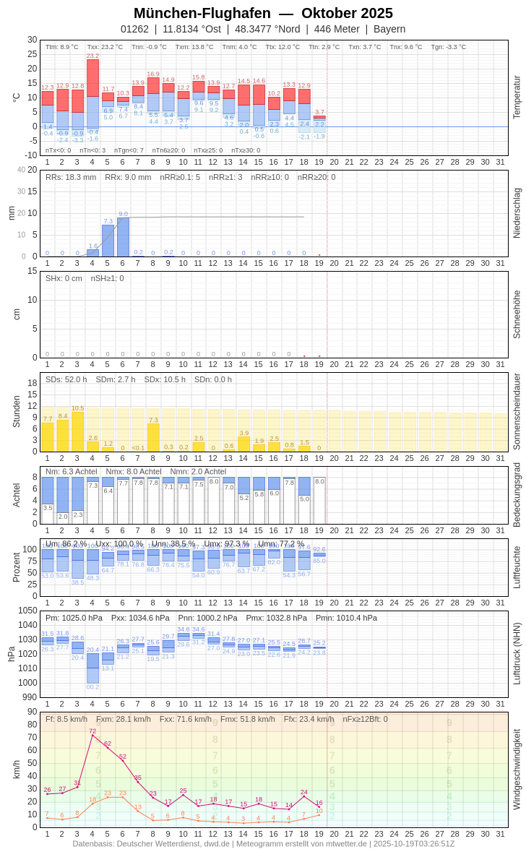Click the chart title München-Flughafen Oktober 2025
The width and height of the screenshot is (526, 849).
263,13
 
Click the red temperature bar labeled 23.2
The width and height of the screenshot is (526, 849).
92,77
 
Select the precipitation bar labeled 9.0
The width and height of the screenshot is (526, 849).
123,237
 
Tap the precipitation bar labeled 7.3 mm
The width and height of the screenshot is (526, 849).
108,241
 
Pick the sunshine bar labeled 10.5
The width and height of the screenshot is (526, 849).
77,431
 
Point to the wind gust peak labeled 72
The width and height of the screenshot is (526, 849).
92,735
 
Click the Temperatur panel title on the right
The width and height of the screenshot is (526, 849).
517,97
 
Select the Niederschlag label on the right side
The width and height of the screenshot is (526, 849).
517,213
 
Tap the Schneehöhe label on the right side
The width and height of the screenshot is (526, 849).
517,314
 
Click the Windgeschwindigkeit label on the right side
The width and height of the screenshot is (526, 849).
517,769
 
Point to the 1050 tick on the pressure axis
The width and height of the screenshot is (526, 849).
27,611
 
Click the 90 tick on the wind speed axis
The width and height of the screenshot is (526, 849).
32,712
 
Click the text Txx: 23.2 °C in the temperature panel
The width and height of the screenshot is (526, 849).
105,47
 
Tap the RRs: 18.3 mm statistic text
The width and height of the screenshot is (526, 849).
71,177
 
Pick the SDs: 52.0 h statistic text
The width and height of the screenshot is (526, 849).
66,379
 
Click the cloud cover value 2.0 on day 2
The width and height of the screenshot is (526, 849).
63,516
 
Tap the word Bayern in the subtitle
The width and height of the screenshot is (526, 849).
389,29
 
